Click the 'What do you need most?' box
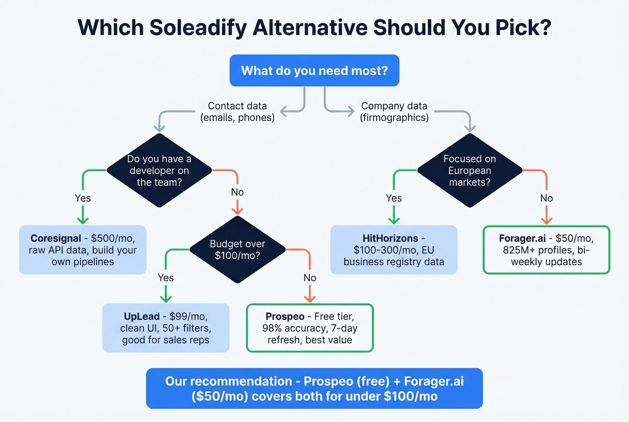pos(314,71)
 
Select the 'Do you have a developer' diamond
pos(159,170)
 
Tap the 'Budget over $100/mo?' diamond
pos(237,250)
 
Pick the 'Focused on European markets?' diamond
pos(470,170)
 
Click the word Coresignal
pos(56,238)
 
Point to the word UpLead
pos(142,316)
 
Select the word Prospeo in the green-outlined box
pos(285,316)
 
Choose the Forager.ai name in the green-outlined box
pos(522,238)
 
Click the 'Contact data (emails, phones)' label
pos(237,111)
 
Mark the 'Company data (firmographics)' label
pos(394,111)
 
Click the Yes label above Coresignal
pos(83,198)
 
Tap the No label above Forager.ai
pos(546,198)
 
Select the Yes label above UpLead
pos(166,278)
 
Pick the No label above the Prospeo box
pos(310,278)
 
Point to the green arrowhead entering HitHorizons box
pos(394,220)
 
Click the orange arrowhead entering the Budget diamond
pos(237,210)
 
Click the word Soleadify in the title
pos(198,27)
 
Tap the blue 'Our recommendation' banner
pos(314,388)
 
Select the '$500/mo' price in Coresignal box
pos(112,238)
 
